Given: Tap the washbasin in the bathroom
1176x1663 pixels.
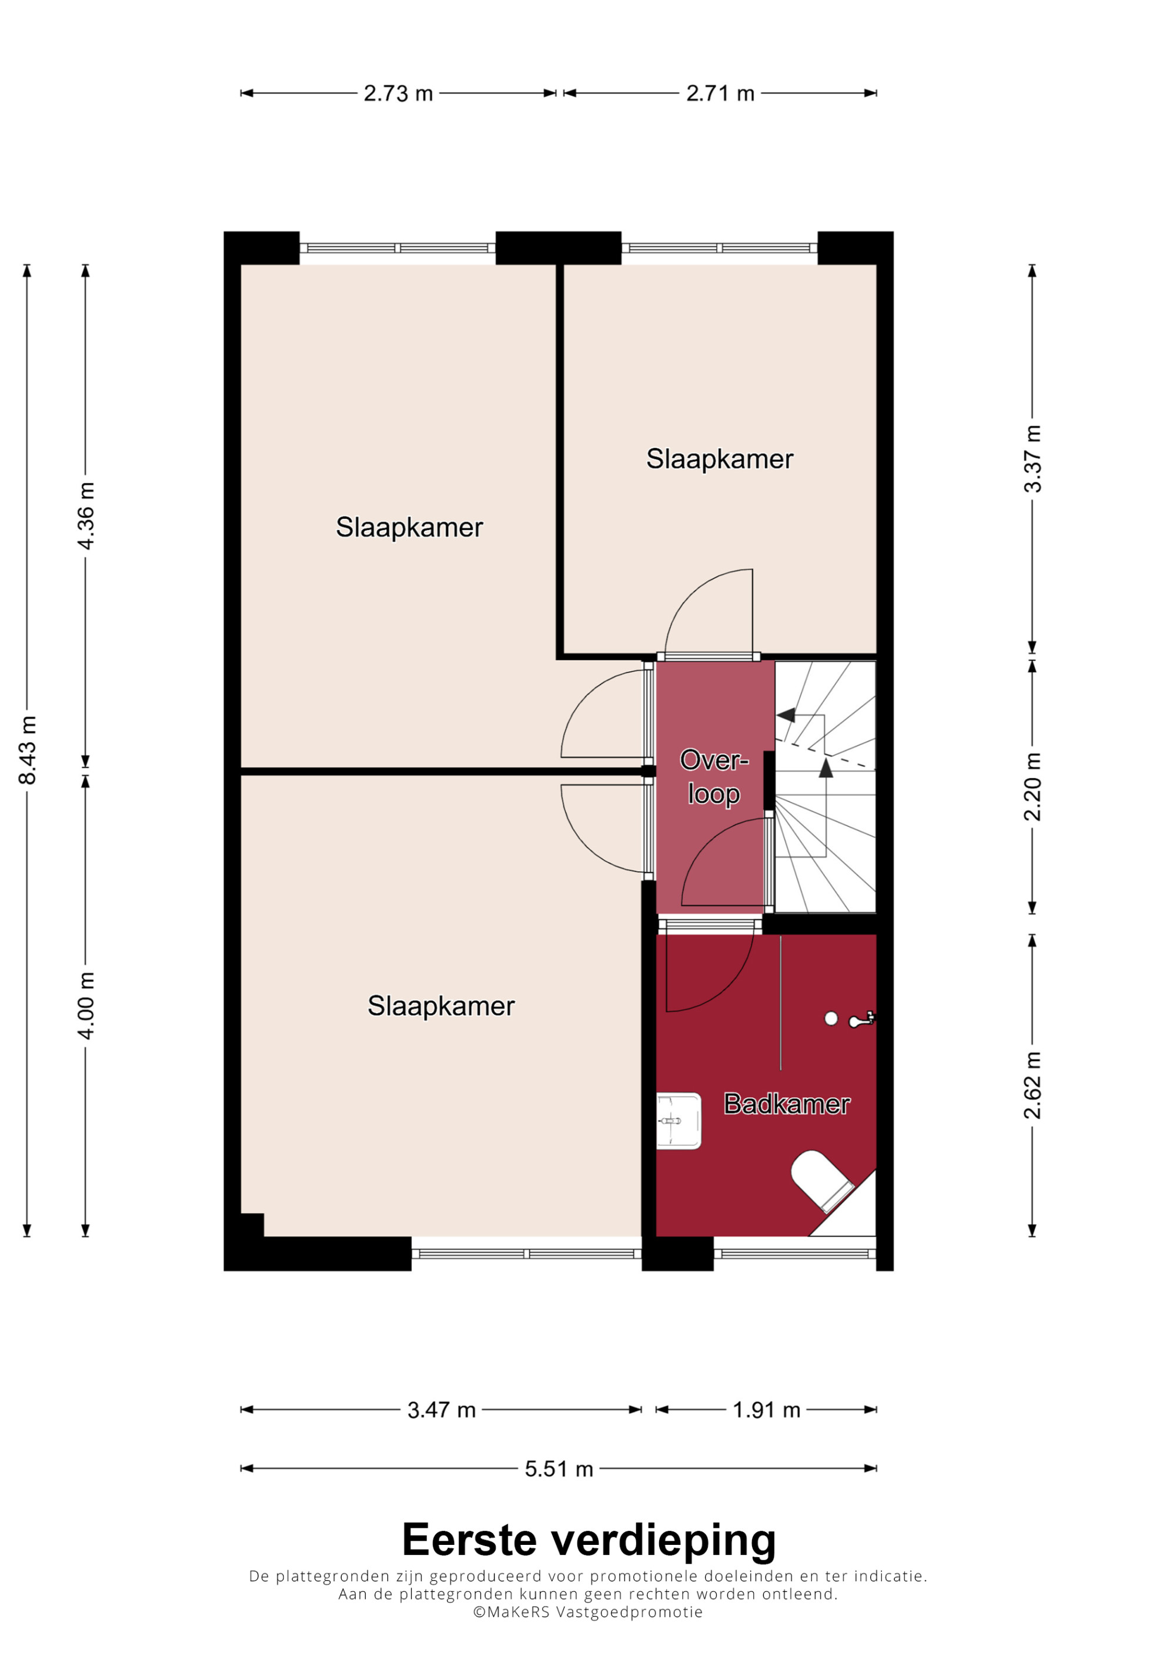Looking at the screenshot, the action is point(678,1121).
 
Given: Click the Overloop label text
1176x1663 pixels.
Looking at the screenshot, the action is point(714,776).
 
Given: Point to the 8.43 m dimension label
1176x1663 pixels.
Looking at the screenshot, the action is point(28,750).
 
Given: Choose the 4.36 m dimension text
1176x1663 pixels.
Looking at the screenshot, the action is point(85,516).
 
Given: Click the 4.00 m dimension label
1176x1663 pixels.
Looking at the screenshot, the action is point(85,1006).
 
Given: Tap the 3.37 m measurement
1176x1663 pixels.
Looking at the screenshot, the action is point(1032,459).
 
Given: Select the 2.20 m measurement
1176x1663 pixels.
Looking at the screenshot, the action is point(1032,787).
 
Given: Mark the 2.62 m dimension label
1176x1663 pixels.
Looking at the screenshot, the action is point(1032,1085).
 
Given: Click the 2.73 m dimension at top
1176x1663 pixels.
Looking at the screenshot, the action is point(398,93).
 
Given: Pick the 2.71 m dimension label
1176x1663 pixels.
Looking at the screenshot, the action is point(720,93).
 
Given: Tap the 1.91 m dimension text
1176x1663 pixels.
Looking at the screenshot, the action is point(766,1410).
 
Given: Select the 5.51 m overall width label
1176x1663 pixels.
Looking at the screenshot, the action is point(559,1469).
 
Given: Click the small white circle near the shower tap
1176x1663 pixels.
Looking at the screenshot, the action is point(831,1019).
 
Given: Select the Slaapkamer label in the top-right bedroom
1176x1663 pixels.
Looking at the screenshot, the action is point(720,459).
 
